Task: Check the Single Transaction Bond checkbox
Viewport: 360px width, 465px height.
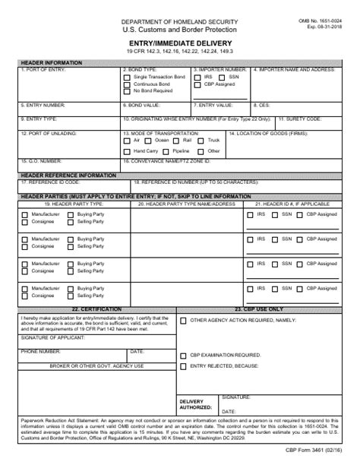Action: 126,77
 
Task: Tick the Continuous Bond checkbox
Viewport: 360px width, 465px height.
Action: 126,84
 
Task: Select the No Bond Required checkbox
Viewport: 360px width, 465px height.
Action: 126,91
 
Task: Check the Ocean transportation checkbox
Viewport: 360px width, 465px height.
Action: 150,141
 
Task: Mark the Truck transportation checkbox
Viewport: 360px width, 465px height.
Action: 203,141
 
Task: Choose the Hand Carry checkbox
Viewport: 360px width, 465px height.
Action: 126,150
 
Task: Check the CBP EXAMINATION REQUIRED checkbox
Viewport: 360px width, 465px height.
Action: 184,355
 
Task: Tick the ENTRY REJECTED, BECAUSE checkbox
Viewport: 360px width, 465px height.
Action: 184,366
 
